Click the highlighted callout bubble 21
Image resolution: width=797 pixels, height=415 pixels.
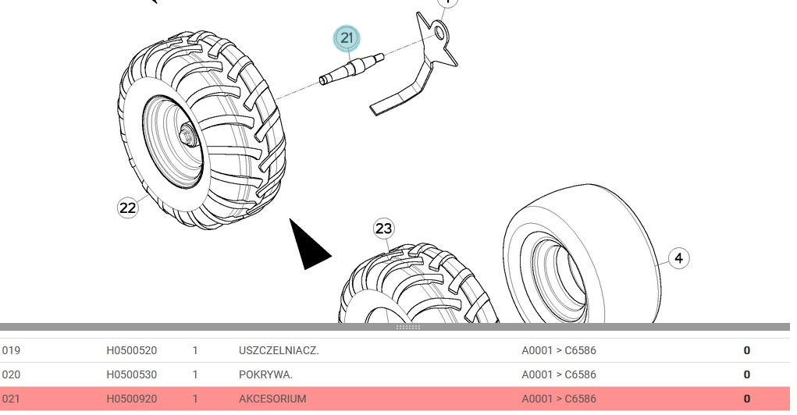point(347,38)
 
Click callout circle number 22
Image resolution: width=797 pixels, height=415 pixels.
point(127,207)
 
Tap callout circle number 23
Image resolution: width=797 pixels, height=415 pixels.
point(383,229)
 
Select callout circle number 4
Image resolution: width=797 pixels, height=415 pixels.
point(678,258)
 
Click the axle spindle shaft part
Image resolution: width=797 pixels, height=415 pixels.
point(350,69)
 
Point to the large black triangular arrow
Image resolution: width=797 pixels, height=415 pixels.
point(308,246)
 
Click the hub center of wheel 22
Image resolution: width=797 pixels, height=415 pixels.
point(188,135)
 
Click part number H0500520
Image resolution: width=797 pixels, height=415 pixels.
point(131,350)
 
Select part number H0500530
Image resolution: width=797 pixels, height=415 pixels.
point(131,374)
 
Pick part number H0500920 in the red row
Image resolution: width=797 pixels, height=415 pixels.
point(131,399)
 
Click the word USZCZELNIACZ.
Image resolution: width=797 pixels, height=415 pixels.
point(279,350)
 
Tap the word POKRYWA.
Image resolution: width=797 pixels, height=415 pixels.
point(265,374)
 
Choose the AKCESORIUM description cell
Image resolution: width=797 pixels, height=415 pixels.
point(272,399)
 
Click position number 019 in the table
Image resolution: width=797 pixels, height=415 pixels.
point(11,350)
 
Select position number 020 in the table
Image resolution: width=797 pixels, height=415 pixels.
point(11,374)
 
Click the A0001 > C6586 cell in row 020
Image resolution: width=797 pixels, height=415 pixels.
point(558,374)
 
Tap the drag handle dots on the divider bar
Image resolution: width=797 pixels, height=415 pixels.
point(408,327)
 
